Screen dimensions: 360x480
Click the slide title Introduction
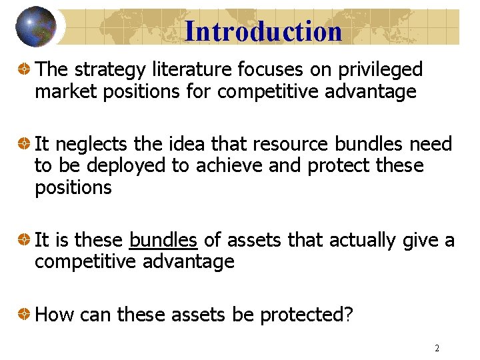coord(263,31)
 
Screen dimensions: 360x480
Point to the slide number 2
coord(437,348)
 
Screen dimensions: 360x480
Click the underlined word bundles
coord(163,240)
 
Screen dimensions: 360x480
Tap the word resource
coord(290,144)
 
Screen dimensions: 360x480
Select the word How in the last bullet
coord(53,315)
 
